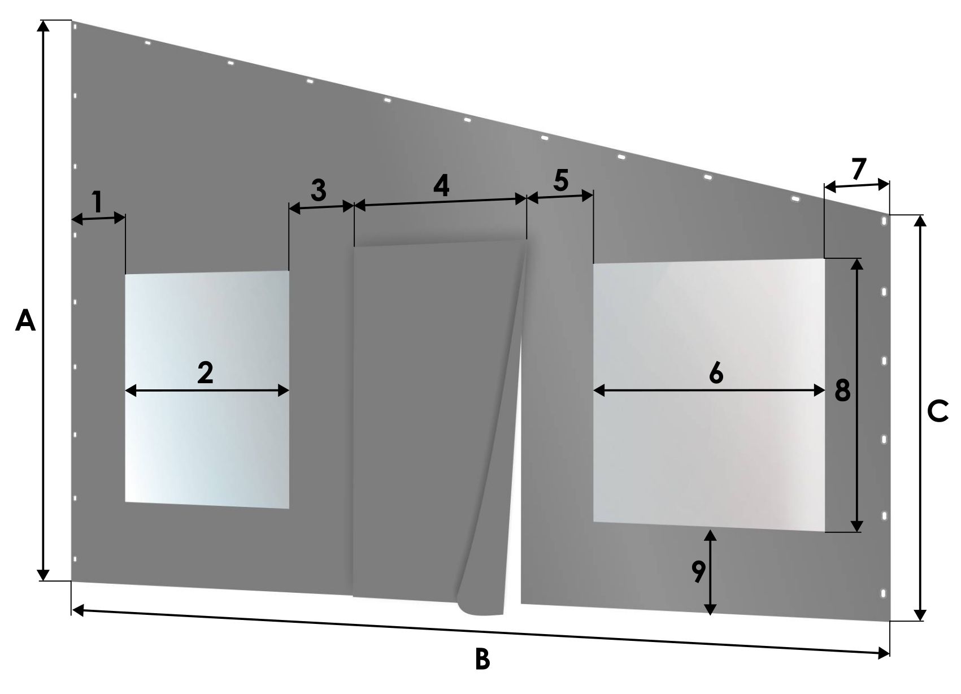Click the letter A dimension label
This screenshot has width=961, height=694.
coord(25,321)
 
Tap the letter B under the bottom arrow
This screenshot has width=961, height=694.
coord(482,659)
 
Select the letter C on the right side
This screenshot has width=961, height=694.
coord(937,411)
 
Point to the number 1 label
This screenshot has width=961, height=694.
coord(98,202)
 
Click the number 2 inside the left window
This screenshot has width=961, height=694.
coord(205,372)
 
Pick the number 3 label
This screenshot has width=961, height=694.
coord(318,190)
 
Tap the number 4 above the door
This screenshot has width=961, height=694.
coord(441,185)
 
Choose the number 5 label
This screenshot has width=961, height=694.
coord(561,180)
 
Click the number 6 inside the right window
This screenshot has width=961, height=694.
coord(716,372)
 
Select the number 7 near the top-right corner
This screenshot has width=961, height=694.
coord(859,168)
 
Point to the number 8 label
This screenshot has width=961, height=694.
coord(842,391)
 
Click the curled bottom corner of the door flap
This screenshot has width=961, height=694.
coord(479,608)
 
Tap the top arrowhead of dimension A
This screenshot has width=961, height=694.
coord(42,26)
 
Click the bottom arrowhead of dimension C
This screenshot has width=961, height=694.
coord(919,615)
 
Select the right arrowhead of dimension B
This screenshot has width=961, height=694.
coord(884,653)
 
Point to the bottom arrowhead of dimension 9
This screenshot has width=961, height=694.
coord(710,609)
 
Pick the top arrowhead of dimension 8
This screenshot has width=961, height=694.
coord(856,264)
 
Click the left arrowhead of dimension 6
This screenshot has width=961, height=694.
coord(599,391)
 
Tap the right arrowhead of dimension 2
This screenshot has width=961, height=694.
coord(283,391)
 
